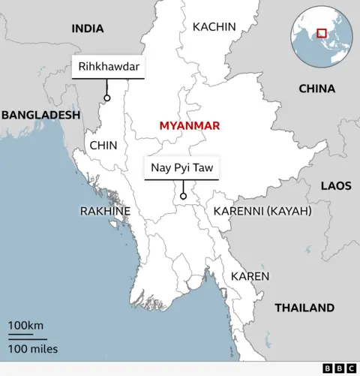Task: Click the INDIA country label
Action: coord(88,29)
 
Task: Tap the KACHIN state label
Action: coord(214,27)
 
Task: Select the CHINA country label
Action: coord(316,89)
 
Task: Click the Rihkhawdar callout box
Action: coord(109,68)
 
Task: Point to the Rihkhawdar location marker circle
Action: coord(107,98)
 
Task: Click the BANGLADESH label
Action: coord(40,115)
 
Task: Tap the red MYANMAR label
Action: coord(189,125)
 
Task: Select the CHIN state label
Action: coord(103,146)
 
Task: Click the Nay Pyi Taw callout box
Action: coord(182,168)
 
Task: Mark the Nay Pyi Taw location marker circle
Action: coord(183,197)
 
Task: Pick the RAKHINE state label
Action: coord(105,212)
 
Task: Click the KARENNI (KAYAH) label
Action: coord(262,212)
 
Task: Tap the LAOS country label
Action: coord(335,185)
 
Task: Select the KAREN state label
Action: coord(250,276)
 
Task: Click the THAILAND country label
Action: coord(304,308)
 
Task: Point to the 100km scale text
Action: coord(25,326)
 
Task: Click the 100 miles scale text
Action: coord(33,349)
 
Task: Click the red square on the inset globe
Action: coord(321,33)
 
